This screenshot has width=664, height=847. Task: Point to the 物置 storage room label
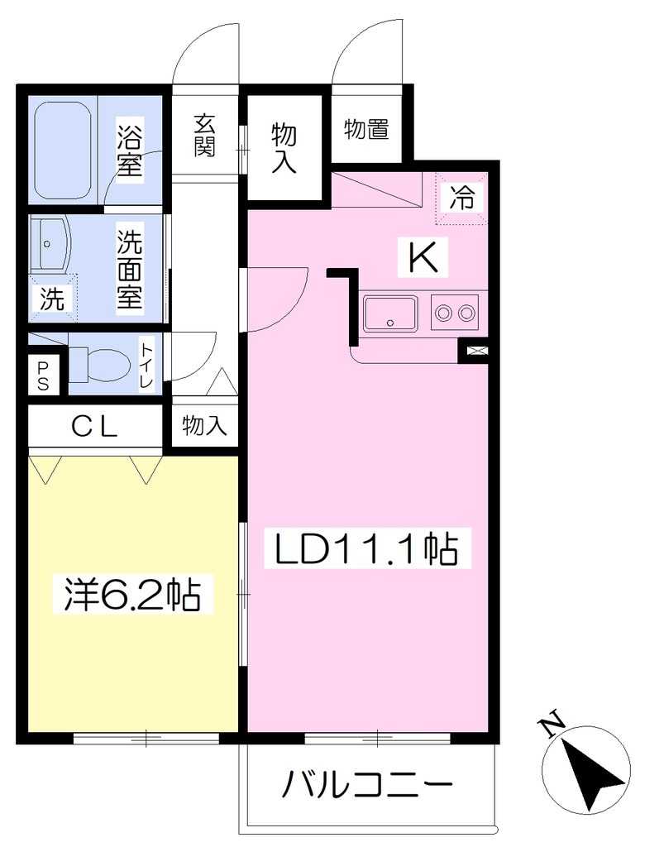366,130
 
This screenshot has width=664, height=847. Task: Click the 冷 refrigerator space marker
462,197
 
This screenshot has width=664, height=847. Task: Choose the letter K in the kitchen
423,258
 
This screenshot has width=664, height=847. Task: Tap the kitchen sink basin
390,313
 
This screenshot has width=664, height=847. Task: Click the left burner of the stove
444,312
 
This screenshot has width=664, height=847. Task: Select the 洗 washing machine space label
52,298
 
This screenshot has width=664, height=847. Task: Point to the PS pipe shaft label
43,376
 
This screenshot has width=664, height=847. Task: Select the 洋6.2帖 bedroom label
132,594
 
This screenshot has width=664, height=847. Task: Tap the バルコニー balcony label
366,783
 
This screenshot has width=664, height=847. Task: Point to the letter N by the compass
552,727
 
